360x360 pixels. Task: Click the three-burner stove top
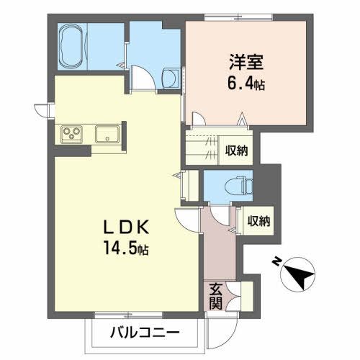click(x=71, y=134)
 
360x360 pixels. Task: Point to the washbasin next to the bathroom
click(x=171, y=77)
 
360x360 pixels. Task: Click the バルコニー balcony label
click(x=143, y=333)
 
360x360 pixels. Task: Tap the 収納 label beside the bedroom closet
click(x=236, y=150)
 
